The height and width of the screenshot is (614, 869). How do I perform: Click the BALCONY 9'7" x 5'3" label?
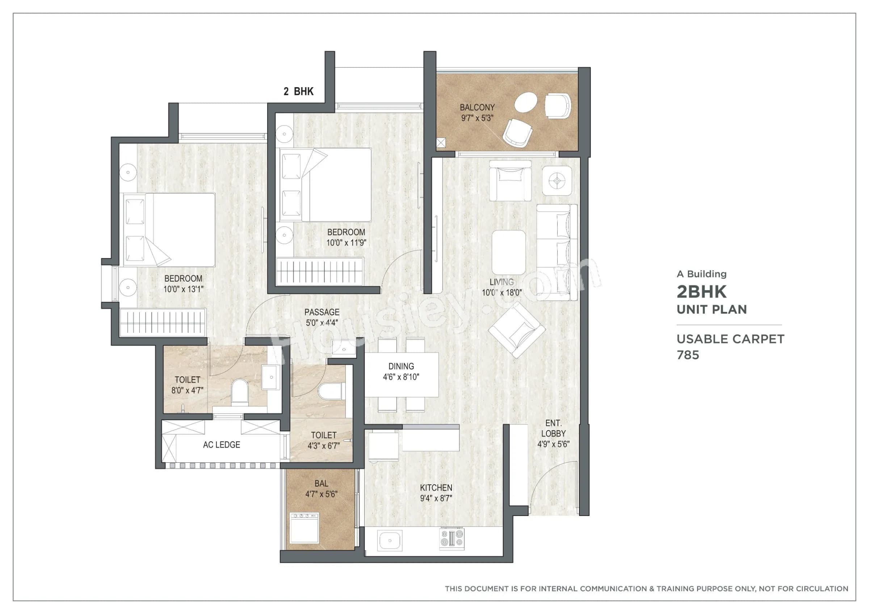pyautogui.click(x=477, y=113)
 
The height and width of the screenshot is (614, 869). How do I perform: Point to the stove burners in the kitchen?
pyautogui.click(x=452, y=539)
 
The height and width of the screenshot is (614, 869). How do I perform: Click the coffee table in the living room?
pyautogui.click(x=508, y=252)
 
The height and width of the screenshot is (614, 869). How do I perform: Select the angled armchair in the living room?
pyautogui.click(x=517, y=330)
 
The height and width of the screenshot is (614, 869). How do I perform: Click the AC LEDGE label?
pyautogui.click(x=221, y=445)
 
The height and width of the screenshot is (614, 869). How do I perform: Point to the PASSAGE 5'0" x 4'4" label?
pyautogui.click(x=322, y=317)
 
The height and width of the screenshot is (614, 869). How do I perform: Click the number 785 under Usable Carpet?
pyautogui.click(x=688, y=355)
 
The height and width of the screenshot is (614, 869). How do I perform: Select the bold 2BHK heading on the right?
pyautogui.click(x=701, y=292)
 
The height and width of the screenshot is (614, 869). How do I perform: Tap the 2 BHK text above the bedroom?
pyautogui.click(x=298, y=92)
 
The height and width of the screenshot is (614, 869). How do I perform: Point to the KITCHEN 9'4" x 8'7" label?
pyautogui.click(x=436, y=493)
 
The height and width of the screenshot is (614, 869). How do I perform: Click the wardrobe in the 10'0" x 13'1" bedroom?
pyautogui.click(x=163, y=322)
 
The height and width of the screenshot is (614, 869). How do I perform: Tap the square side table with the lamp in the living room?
pyautogui.click(x=557, y=181)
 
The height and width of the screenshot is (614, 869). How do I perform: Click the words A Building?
pyautogui.click(x=701, y=274)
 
